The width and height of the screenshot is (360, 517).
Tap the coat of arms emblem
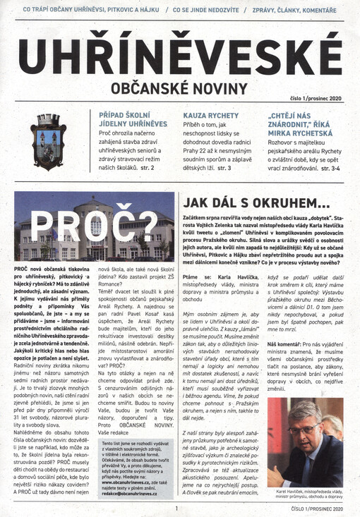click(49, 140)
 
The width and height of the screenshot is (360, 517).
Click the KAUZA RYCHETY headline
click(208, 114)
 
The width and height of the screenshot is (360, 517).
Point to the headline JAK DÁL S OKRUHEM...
click(256, 202)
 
